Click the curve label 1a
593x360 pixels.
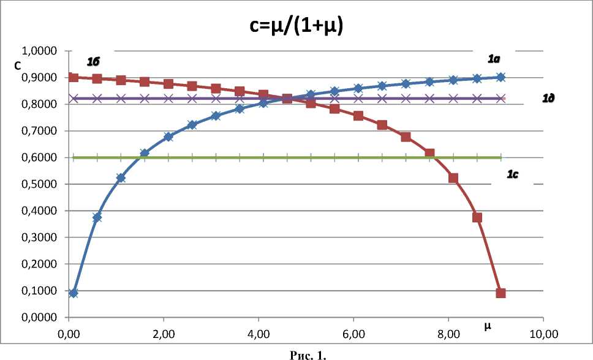point(494,59)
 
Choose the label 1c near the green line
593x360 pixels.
point(513,174)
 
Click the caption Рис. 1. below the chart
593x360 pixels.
point(297,354)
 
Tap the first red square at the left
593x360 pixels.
point(74,77)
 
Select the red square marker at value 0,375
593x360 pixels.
point(477,217)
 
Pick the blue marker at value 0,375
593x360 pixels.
point(97,217)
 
